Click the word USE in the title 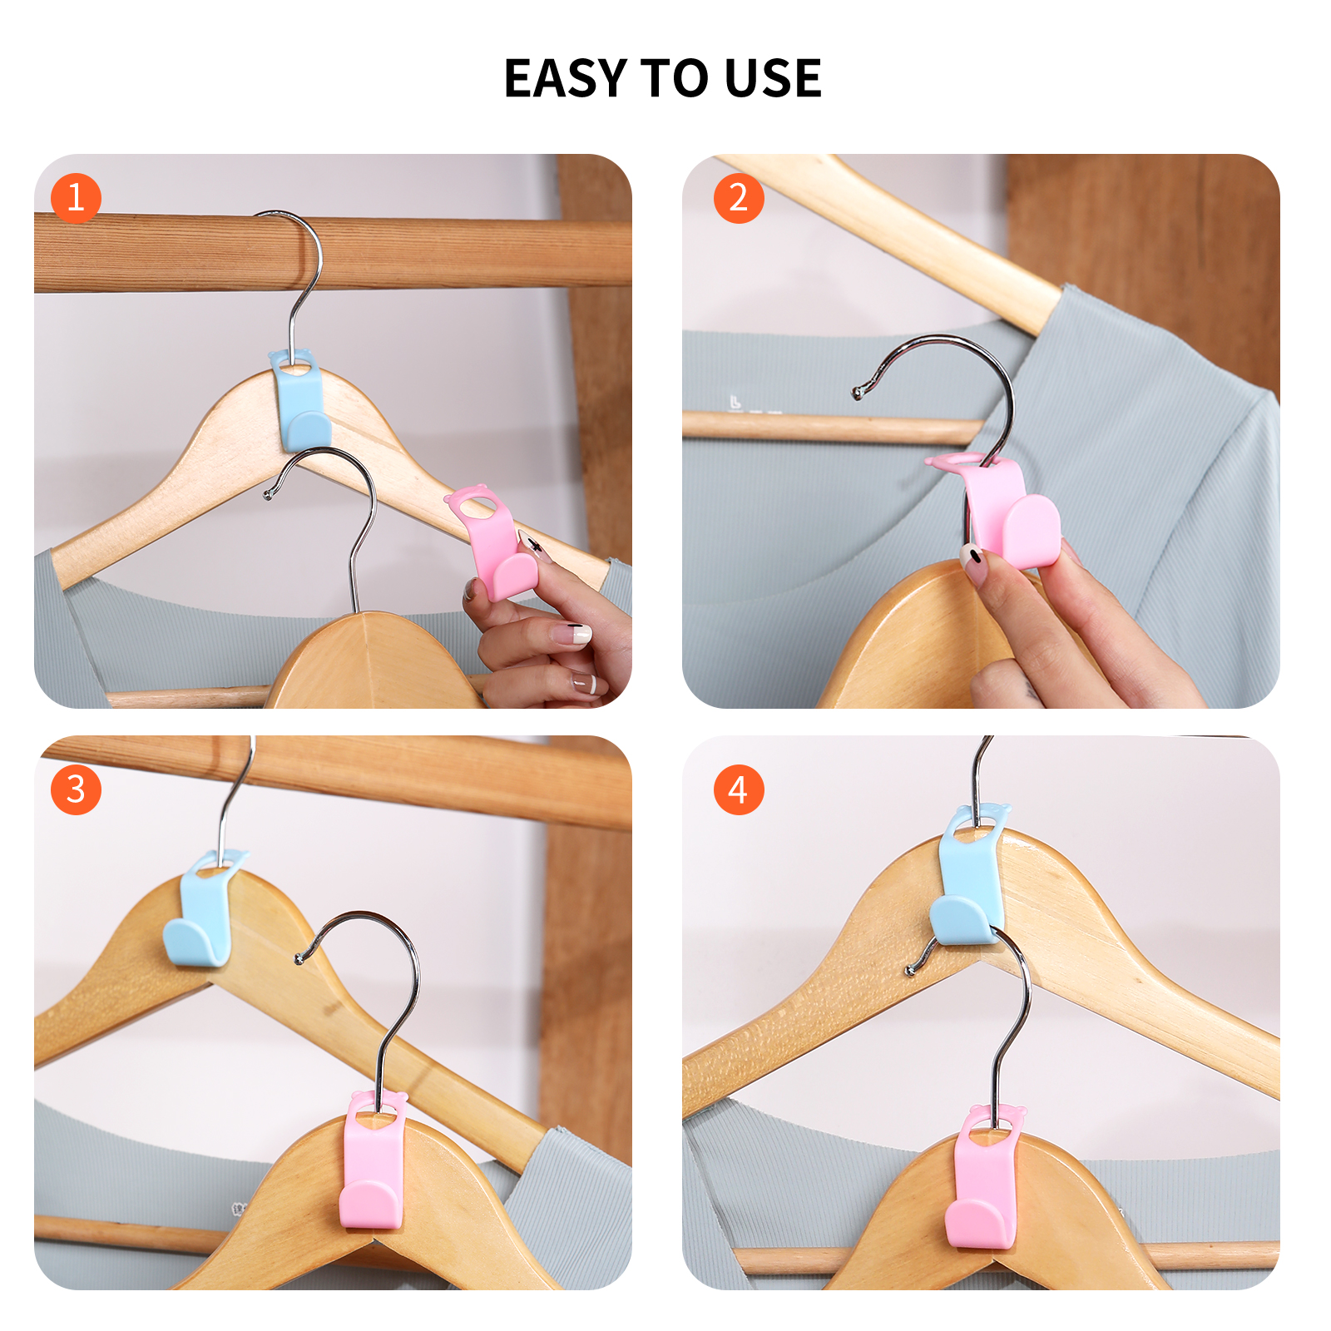(x=773, y=79)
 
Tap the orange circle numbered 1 (x=76, y=198)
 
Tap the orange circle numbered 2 (x=739, y=198)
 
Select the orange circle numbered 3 (x=76, y=789)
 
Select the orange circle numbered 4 (x=739, y=789)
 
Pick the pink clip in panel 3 (x=373, y=1165)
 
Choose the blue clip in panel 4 (x=967, y=882)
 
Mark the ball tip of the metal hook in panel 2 (x=857, y=392)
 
